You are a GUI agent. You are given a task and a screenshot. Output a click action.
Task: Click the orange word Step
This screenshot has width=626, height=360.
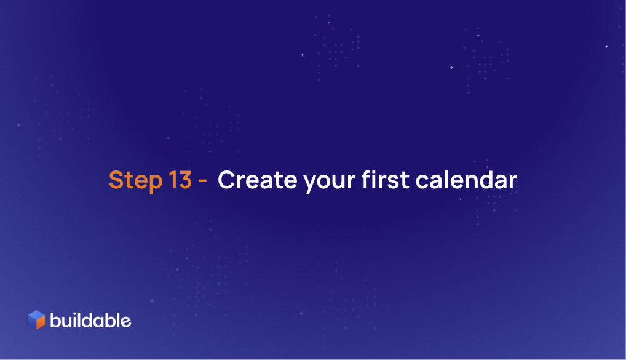coord(135,180)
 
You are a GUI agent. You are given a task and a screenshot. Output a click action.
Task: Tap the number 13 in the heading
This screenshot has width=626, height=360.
coord(180,180)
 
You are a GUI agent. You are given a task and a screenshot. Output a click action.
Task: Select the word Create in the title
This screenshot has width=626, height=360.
coord(258,180)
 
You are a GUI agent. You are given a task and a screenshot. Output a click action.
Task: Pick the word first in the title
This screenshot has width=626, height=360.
coord(386,180)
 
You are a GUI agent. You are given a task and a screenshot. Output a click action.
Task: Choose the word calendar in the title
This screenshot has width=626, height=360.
coord(466,180)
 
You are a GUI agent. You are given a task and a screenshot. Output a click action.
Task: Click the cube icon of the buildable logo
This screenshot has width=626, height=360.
coord(36,319)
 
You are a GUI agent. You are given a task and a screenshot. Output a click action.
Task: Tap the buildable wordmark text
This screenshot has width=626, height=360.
coord(90,321)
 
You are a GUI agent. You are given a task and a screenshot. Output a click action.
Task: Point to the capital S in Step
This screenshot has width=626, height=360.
coord(116,180)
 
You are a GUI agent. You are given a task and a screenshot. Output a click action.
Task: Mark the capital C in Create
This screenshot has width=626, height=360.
coord(227,180)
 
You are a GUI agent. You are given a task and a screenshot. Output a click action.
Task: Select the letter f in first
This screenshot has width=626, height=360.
coord(367,180)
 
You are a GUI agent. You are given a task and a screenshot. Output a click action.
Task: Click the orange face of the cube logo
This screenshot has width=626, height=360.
coord(41,322)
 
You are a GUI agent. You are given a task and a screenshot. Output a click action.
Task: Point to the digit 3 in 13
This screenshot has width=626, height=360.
coord(185,180)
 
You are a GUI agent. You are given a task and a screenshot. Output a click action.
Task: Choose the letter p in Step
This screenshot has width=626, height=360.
coord(154,184)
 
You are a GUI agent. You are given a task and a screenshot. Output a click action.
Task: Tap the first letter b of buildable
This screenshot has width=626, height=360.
coord(55,321)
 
